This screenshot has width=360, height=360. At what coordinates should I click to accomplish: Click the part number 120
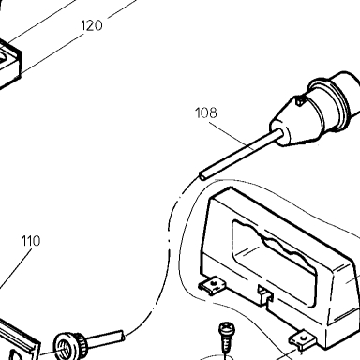92,25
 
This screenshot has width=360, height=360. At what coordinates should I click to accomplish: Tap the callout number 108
206,112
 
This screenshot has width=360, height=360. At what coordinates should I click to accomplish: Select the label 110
31,241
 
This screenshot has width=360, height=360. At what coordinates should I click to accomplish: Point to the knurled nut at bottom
68,345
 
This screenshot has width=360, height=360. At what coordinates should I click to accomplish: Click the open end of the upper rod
202,176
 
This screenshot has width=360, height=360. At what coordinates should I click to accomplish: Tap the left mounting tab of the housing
212,285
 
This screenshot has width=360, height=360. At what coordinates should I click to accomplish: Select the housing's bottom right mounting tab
303,339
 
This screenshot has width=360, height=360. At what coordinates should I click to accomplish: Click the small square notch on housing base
265,293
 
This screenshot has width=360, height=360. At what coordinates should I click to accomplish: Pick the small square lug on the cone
300,100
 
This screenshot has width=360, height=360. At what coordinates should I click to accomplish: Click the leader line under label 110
16,268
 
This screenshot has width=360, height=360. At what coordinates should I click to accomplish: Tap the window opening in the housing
275,262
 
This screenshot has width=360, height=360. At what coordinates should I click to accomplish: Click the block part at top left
9,63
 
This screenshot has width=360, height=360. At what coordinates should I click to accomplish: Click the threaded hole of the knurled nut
64,346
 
